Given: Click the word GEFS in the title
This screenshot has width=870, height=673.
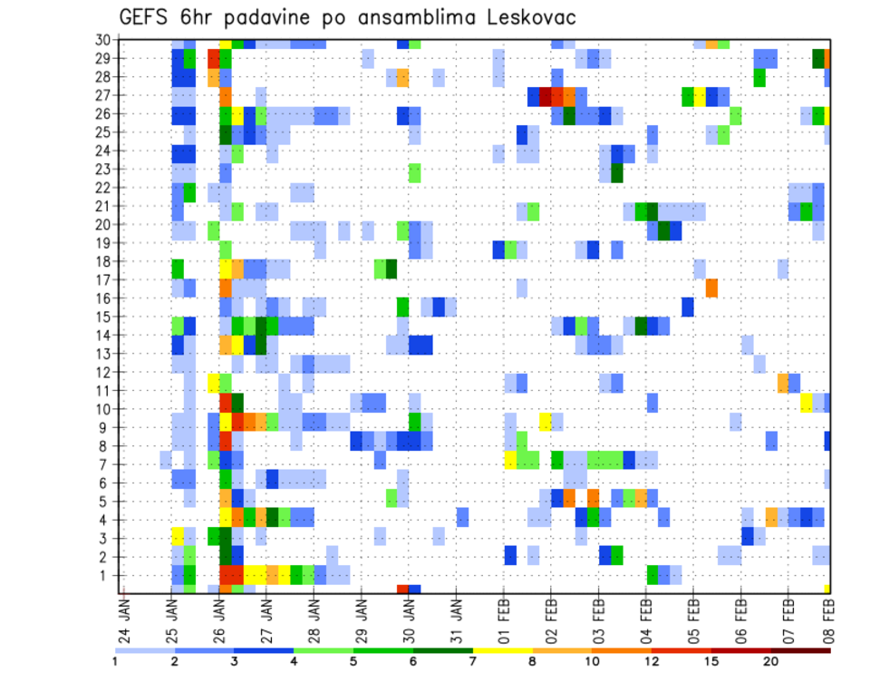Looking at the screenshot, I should (147, 18).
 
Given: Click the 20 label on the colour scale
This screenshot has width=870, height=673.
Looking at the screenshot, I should (771, 661).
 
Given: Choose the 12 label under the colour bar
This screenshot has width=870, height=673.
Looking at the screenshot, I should (652, 661).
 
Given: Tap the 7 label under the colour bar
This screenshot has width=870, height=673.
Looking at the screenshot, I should (472, 661).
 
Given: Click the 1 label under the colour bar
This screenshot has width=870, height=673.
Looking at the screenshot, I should (114, 661).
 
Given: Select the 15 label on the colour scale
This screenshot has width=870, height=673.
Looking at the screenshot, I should (711, 661).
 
